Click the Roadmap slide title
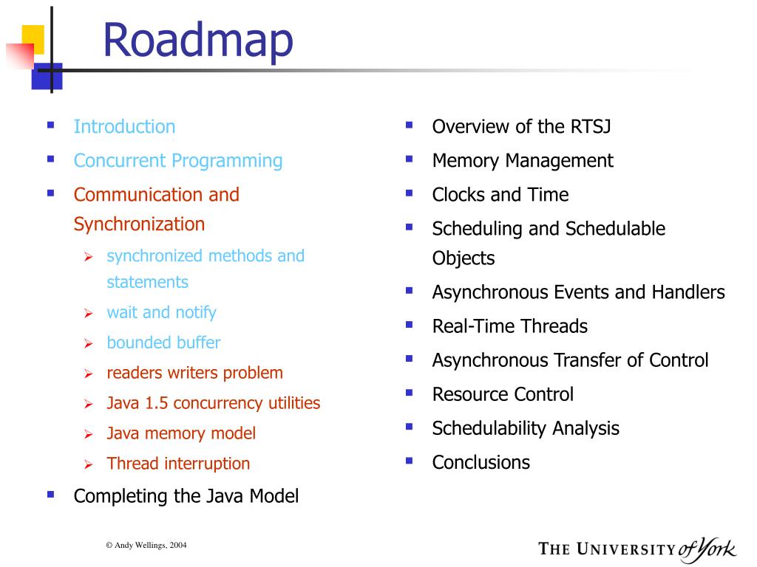tap(198, 41)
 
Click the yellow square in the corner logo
tap(33, 39)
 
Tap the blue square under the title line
tap(47, 76)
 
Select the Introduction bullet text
tap(124, 126)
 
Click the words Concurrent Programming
tap(177, 161)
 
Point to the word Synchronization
tap(139, 224)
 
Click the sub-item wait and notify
tap(161, 312)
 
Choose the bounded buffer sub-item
tap(163, 343)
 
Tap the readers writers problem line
tap(194, 373)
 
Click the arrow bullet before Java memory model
tap(89, 434)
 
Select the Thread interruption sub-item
tap(178, 464)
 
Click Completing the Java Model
tap(186, 496)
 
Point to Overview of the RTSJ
tap(521, 126)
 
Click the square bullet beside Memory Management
tap(410, 159)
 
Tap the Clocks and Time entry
tap(500, 195)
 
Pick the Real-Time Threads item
tap(510, 326)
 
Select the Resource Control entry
tap(503, 394)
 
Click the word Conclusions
tap(481, 462)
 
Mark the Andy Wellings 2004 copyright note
tap(146, 546)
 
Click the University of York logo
tap(637, 549)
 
